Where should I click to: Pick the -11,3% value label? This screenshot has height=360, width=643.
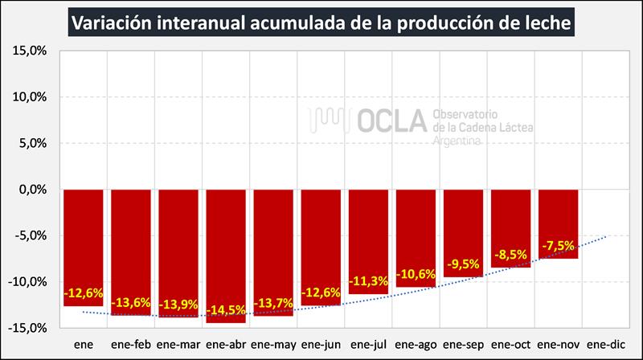tap(368, 281)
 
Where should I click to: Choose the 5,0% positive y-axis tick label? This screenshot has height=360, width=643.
tap(33, 143)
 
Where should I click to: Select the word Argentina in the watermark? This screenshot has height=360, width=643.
tap(457, 141)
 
